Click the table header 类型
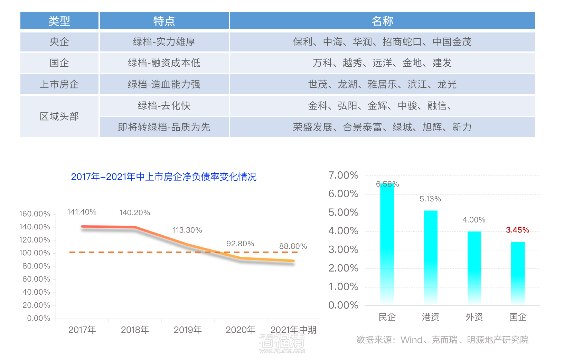[x=59, y=21]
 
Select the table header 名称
[x=382, y=21]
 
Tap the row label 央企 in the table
[x=59, y=42]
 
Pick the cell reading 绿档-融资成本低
[x=164, y=63]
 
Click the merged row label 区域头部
[x=59, y=116]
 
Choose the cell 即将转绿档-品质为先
[x=164, y=127]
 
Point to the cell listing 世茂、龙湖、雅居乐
[x=382, y=84]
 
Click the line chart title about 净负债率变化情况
[x=163, y=177]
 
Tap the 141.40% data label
[x=82, y=212]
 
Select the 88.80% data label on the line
[x=293, y=246]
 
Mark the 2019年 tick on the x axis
[x=188, y=330]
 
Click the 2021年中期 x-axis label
[x=293, y=330]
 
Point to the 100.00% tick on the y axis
[x=35, y=253]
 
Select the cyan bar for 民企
[x=387, y=245]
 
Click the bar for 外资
[x=474, y=268]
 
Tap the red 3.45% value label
[x=517, y=230]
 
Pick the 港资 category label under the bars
[x=431, y=317]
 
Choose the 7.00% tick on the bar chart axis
[x=343, y=176]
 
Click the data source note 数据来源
[x=442, y=340]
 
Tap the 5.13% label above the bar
[x=430, y=199]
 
